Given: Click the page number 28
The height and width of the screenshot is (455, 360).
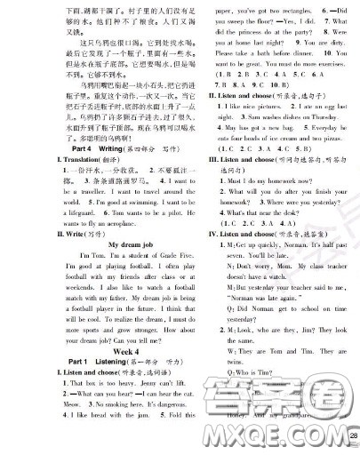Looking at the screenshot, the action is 352,435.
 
